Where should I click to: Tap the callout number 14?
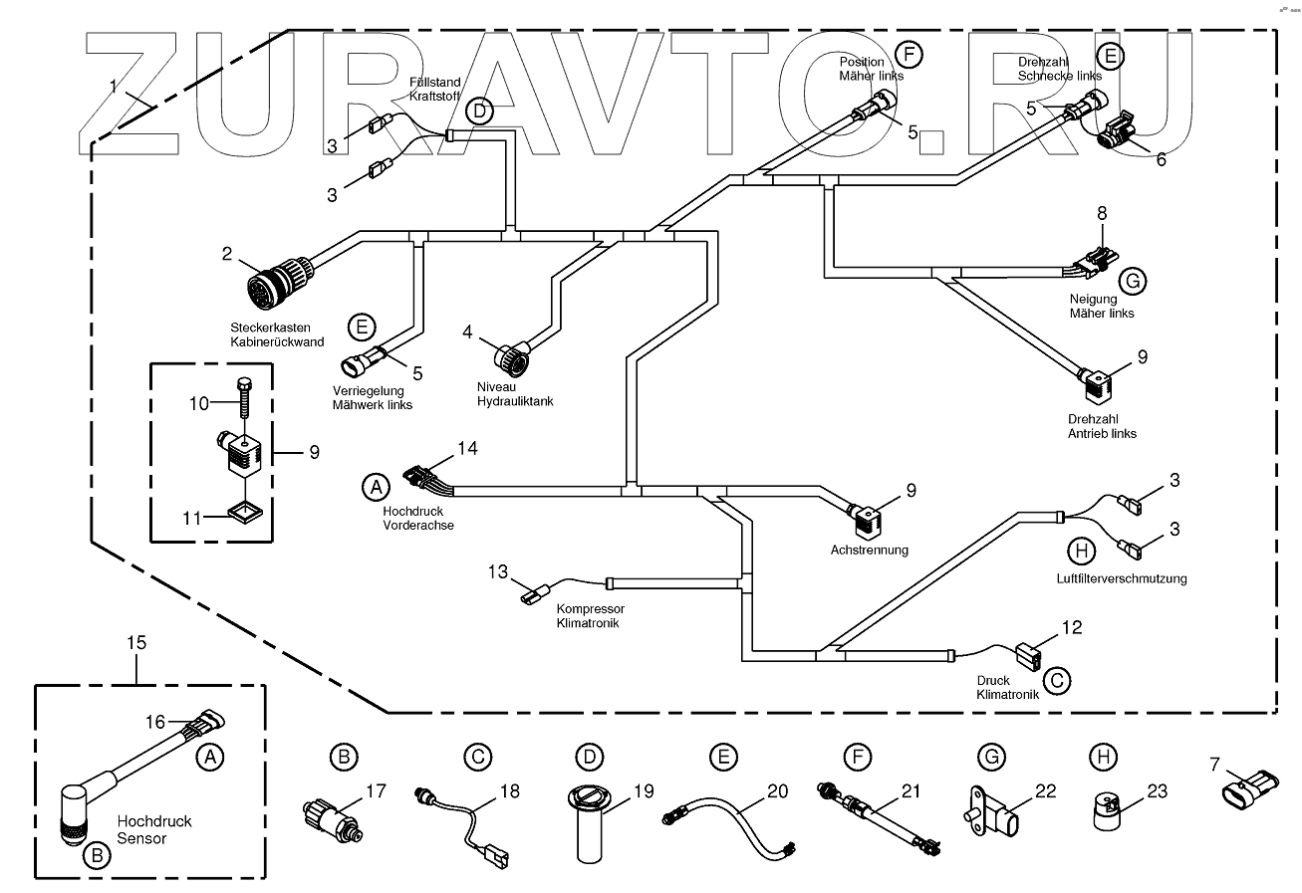[467, 449]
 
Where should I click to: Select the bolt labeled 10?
[242, 402]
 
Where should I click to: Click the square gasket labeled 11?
[244, 513]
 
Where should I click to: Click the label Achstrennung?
[869, 550]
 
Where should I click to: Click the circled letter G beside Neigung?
[1132, 282]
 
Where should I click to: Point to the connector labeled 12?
[1026, 657]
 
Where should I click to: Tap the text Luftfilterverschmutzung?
[1122, 578]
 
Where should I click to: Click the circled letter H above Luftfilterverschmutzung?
[1080, 550]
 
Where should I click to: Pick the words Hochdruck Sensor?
[154, 830]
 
